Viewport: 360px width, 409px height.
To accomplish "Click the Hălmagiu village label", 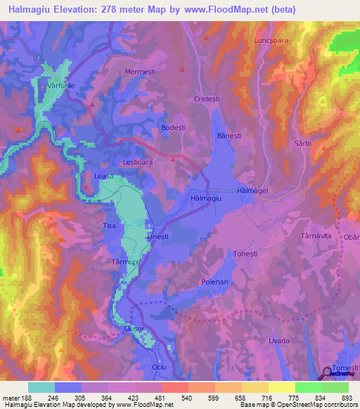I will [x=206, y=200].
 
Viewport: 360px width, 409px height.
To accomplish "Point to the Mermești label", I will [x=138, y=72].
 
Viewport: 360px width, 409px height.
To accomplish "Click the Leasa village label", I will [x=103, y=177].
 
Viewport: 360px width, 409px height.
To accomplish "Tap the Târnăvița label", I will [x=315, y=236].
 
